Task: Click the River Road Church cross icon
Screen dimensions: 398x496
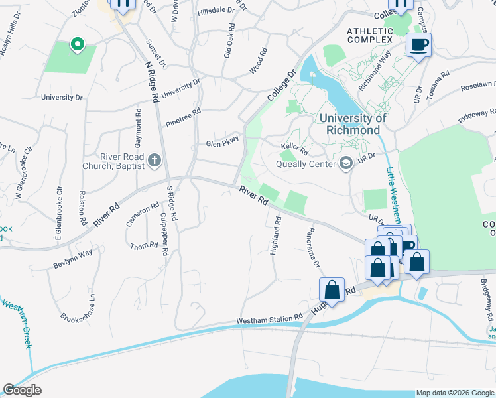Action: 155,160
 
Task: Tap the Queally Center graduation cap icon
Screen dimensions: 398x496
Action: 346,163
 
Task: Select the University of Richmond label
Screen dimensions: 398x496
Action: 352,124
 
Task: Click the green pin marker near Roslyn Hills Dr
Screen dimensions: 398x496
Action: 77,44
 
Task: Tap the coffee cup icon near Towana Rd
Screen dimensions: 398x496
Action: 418,46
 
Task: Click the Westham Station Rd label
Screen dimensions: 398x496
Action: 270,320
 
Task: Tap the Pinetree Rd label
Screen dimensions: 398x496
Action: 183,118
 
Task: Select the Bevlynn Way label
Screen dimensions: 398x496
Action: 73,258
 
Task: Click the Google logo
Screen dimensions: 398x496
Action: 22,390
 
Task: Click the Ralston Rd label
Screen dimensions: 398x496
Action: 84,208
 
